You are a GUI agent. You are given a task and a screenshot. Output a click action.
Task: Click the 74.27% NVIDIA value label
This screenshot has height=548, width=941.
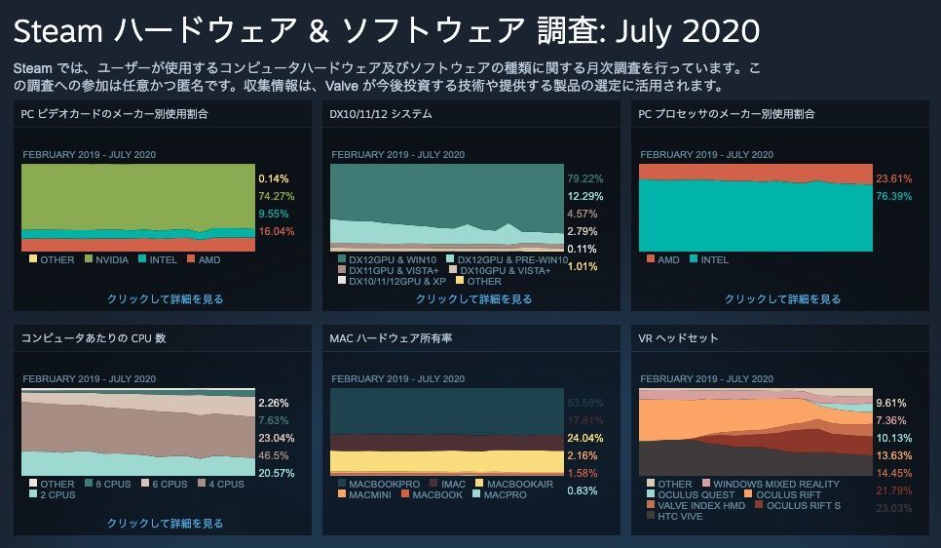pyautogui.click(x=276, y=196)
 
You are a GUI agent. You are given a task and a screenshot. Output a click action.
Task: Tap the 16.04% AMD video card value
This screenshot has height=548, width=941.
pyautogui.click(x=276, y=231)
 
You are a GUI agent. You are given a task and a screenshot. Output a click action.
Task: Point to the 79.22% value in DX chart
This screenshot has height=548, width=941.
pyautogui.click(x=584, y=178)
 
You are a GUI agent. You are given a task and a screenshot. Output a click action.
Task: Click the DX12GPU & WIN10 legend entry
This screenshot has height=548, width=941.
pyautogui.click(x=391, y=258)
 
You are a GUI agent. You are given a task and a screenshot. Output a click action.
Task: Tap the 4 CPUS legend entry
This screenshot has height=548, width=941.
pyautogui.click(x=222, y=484)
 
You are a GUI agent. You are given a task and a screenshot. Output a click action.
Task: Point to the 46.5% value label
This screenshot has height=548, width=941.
pyautogui.click(x=273, y=455)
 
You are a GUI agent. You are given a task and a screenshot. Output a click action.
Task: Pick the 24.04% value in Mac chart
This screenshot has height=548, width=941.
pyautogui.click(x=584, y=438)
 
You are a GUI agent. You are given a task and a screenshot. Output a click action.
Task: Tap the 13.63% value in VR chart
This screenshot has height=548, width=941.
pyautogui.click(x=893, y=455)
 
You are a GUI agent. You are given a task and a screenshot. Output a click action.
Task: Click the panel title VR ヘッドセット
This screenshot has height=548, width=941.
pyautogui.click(x=678, y=338)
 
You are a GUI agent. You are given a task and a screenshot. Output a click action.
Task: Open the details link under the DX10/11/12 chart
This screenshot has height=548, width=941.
pyautogui.click(x=473, y=299)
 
